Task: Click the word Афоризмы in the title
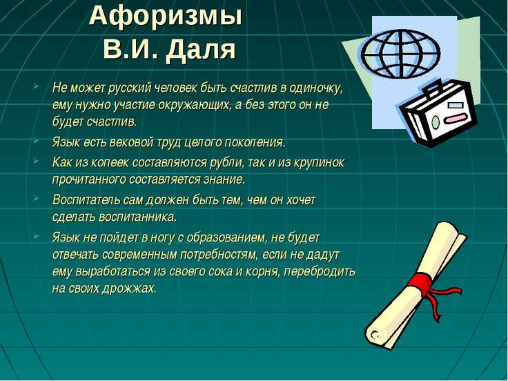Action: tap(166, 17)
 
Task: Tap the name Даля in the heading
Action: tap(201, 50)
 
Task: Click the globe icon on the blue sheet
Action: tap(400, 53)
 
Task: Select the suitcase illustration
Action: tap(438, 113)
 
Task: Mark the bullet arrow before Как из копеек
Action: tap(36, 161)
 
